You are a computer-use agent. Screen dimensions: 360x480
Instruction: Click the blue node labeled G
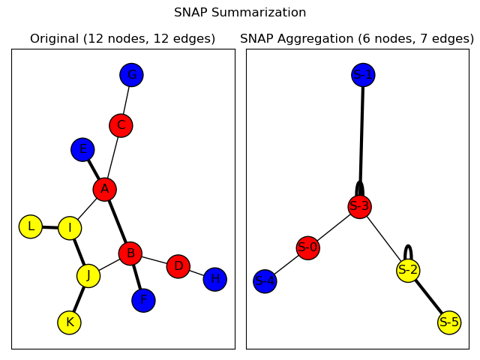(131, 75)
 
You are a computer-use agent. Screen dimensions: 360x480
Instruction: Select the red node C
(121, 125)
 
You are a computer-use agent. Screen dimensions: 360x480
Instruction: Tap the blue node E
(82, 149)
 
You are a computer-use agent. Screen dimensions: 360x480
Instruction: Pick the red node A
(105, 189)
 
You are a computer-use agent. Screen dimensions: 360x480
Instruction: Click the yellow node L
(31, 226)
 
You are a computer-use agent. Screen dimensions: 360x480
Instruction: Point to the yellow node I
(70, 228)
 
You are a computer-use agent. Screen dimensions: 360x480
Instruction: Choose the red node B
(130, 253)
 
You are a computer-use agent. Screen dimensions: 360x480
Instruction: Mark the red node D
(178, 265)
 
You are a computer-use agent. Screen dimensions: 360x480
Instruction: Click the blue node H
(214, 279)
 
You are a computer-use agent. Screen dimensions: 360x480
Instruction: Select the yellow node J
(88, 275)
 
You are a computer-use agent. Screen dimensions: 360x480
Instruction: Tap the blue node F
(143, 300)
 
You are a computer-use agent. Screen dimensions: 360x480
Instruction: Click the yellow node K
(69, 322)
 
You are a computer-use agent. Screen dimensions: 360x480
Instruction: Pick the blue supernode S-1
(363, 75)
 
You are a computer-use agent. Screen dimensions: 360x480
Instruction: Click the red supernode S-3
(359, 206)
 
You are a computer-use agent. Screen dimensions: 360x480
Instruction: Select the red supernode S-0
(307, 247)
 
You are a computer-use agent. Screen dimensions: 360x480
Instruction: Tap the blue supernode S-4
(265, 281)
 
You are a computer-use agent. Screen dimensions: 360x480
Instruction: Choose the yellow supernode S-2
(408, 270)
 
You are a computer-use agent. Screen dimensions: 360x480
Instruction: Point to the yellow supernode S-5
(449, 322)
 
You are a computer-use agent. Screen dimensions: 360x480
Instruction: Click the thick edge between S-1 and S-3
(361, 135)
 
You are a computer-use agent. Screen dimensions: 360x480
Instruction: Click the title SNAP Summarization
(240, 13)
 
